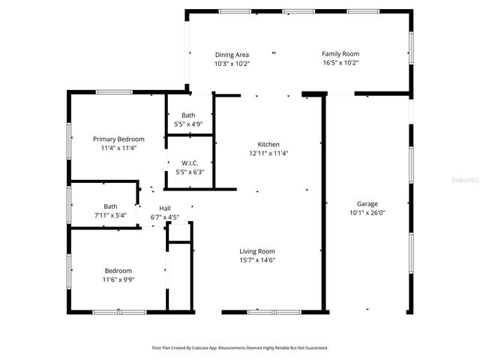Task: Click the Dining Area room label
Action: coord(232,55)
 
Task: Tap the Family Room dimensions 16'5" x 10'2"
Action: coord(340,63)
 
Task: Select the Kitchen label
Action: coord(268,144)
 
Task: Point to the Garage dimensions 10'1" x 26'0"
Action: coord(367,212)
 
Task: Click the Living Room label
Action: coord(257,251)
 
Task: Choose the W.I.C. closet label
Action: coord(189,163)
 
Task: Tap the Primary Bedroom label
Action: coord(118,139)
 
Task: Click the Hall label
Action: coord(165,209)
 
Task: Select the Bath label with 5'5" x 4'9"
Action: coord(188,115)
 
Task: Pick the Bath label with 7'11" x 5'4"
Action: coord(110,206)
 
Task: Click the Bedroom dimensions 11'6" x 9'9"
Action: coord(118,279)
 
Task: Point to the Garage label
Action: coord(367,204)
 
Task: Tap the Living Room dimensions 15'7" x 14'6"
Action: coord(257,260)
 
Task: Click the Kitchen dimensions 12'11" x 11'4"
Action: coord(268,153)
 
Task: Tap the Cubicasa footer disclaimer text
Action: coord(240,348)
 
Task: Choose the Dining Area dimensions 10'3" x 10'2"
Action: coord(232,64)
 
